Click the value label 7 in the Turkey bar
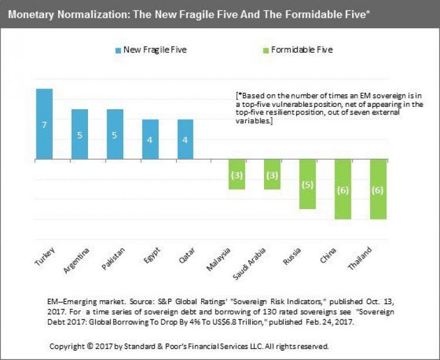click(x=45, y=125)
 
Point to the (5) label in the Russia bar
click(x=307, y=184)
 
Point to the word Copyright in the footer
click(x=69, y=346)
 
